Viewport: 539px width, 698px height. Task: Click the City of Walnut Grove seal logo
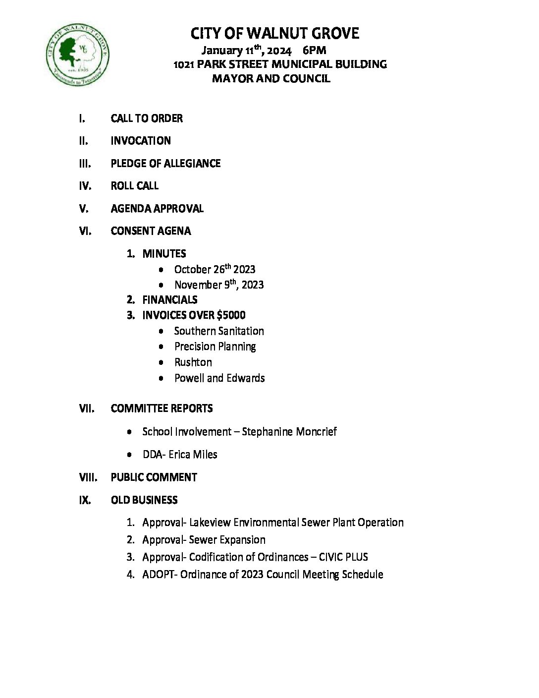pos(77,55)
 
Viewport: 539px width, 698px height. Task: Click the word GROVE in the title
pos(335,34)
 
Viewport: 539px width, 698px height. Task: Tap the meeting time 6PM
pos(314,51)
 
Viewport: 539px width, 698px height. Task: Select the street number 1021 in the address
pos(184,64)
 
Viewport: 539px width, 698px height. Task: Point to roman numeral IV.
pos(85,186)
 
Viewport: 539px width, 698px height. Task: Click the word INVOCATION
pos(141,141)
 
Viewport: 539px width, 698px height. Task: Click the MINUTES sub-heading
pos(164,254)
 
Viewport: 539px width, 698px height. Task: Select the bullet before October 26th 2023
pos(162,270)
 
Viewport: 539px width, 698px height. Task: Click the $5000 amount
pos(231,315)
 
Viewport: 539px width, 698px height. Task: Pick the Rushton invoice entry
pos(193,362)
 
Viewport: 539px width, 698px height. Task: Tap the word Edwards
pos(246,378)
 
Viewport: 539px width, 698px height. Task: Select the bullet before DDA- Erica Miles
pos(130,455)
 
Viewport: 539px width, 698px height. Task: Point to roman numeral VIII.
pos(88,477)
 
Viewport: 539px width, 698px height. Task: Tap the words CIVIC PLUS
pos(343,557)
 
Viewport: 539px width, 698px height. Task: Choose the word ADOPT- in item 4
pos(160,575)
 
